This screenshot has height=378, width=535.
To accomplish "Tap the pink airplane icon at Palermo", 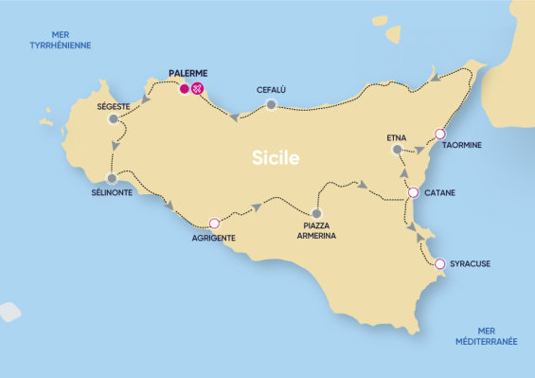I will click(x=198, y=90).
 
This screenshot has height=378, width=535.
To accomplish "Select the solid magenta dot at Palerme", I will click(x=185, y=90).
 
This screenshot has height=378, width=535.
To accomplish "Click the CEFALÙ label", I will click(x=271, y=90).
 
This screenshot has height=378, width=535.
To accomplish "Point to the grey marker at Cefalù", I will click(x=271, y=105).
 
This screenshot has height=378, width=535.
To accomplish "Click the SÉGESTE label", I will click(x=114, y=106).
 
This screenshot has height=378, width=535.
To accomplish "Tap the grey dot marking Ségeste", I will click(x=114, y=119).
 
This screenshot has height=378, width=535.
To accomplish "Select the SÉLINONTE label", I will click(x=112, y=192).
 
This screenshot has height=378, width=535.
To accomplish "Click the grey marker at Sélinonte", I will click(x=112, y=178).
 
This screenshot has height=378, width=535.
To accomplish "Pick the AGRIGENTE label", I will click(x=213, y=238).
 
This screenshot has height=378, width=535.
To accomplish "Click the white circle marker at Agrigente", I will click(x=214, y=224).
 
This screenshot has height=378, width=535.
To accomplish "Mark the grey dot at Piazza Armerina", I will click(x=316, y=213).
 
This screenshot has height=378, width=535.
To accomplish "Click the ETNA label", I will click(x=397, y=138).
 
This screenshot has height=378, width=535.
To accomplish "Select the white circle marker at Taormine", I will click(x=439, y=134).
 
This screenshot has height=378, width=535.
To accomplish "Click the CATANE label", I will click(x=439, y=193).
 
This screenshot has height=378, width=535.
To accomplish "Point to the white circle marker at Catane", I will click(x=413, y=193).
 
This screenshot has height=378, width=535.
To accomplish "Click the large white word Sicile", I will click(x=276, y=158).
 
